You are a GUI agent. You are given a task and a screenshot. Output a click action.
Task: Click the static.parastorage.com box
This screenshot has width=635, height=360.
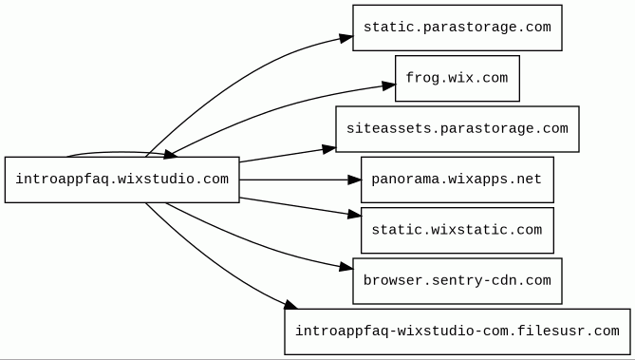coord(458,28)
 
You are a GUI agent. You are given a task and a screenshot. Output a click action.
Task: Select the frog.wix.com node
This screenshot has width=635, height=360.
coord(458,78)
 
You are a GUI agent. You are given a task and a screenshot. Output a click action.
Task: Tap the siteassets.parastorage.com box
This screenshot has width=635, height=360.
coord(458,129)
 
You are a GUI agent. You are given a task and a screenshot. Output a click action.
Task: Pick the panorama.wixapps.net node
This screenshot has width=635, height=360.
coord(458,180)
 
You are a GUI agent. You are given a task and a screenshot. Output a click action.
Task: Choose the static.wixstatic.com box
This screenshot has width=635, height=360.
coord(458,230)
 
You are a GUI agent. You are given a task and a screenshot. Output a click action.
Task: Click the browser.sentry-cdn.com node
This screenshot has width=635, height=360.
coord(458,281)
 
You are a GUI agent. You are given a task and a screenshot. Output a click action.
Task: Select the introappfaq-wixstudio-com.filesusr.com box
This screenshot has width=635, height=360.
coord(458,332)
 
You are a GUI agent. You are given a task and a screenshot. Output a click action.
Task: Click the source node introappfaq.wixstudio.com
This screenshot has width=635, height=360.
coord(121,180)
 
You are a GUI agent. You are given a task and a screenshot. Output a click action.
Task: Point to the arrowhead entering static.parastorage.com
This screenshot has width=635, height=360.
coord(346,38)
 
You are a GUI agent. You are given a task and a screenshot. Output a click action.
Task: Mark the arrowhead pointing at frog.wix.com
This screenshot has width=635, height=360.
coord(388,85)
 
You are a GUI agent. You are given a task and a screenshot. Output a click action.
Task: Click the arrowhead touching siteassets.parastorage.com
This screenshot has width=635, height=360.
coord(329,149)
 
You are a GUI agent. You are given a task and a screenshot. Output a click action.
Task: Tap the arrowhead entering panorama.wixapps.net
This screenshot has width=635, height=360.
coord(354,180)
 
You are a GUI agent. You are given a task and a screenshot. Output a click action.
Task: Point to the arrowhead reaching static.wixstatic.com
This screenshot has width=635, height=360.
coord(354,215)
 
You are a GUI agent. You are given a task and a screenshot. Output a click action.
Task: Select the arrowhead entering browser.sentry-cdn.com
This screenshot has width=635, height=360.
coord(346,267)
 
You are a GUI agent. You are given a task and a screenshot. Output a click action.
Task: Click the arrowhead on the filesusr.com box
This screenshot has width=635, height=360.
coord(290,305)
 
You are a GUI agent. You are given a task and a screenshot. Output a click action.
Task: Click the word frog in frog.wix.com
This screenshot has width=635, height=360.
coord(419,78)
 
